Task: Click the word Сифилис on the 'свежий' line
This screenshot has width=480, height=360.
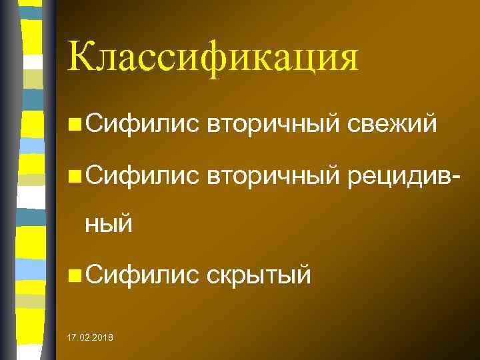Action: (x=141, y=124)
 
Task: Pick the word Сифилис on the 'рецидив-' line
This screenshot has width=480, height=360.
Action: (x=141, y=176)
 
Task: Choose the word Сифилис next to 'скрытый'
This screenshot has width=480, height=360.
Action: (x=141, y=273)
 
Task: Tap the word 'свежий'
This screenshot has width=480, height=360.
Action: (x=392, y=124)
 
